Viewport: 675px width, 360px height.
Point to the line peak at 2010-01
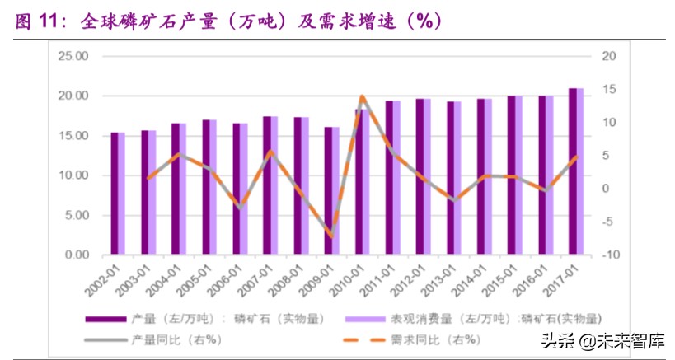pos(361,97)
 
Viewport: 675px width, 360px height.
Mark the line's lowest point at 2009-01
pos(331,236)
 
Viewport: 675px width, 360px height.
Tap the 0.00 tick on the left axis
pos(75,255)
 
